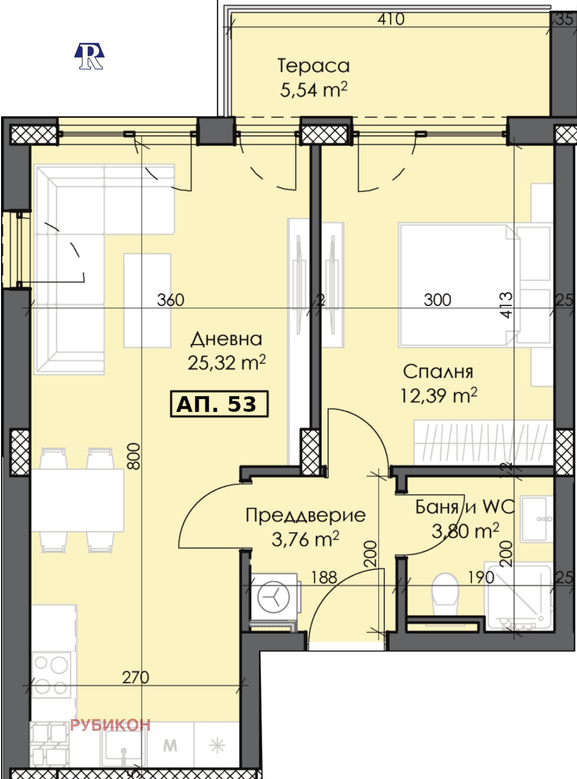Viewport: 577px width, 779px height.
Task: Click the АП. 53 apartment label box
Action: pyautogui.click(x=219, y=404)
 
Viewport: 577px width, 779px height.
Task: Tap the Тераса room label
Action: pyautogui.click(x=314, y=66)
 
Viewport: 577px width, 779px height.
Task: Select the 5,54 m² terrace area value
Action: pyautogui.click(x=314, y=89)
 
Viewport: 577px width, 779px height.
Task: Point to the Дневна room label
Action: pyautogui.click(x=226, y=339)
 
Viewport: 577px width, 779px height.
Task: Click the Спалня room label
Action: pyautogui.click(x=438, y=372)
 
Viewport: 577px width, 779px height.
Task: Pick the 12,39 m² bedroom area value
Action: pyautogui.click(x=438, y=396)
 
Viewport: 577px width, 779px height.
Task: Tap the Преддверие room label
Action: pyautogui.click(x=306, y=516)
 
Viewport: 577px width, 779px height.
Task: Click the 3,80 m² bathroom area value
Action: pyautogui.click(x=465, y=531)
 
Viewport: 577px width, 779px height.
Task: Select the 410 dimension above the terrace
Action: pyautogui.click(x=391, y=19)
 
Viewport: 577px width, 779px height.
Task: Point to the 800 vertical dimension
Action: pyautogui.click(x=134, y=456)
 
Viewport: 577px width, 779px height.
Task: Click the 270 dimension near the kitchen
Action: pyautogui.click(x=135, y=677)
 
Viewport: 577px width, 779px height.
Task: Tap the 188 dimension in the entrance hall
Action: pyautogui.click(x=324, y=577)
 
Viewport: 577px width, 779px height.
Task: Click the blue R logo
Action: pyautogui.click(x=89, y=56)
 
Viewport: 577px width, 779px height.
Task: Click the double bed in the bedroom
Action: pyautogui.click(x=459, y=285)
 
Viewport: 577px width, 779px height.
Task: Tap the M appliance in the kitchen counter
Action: pyautogui.click(x=170, y=745)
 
